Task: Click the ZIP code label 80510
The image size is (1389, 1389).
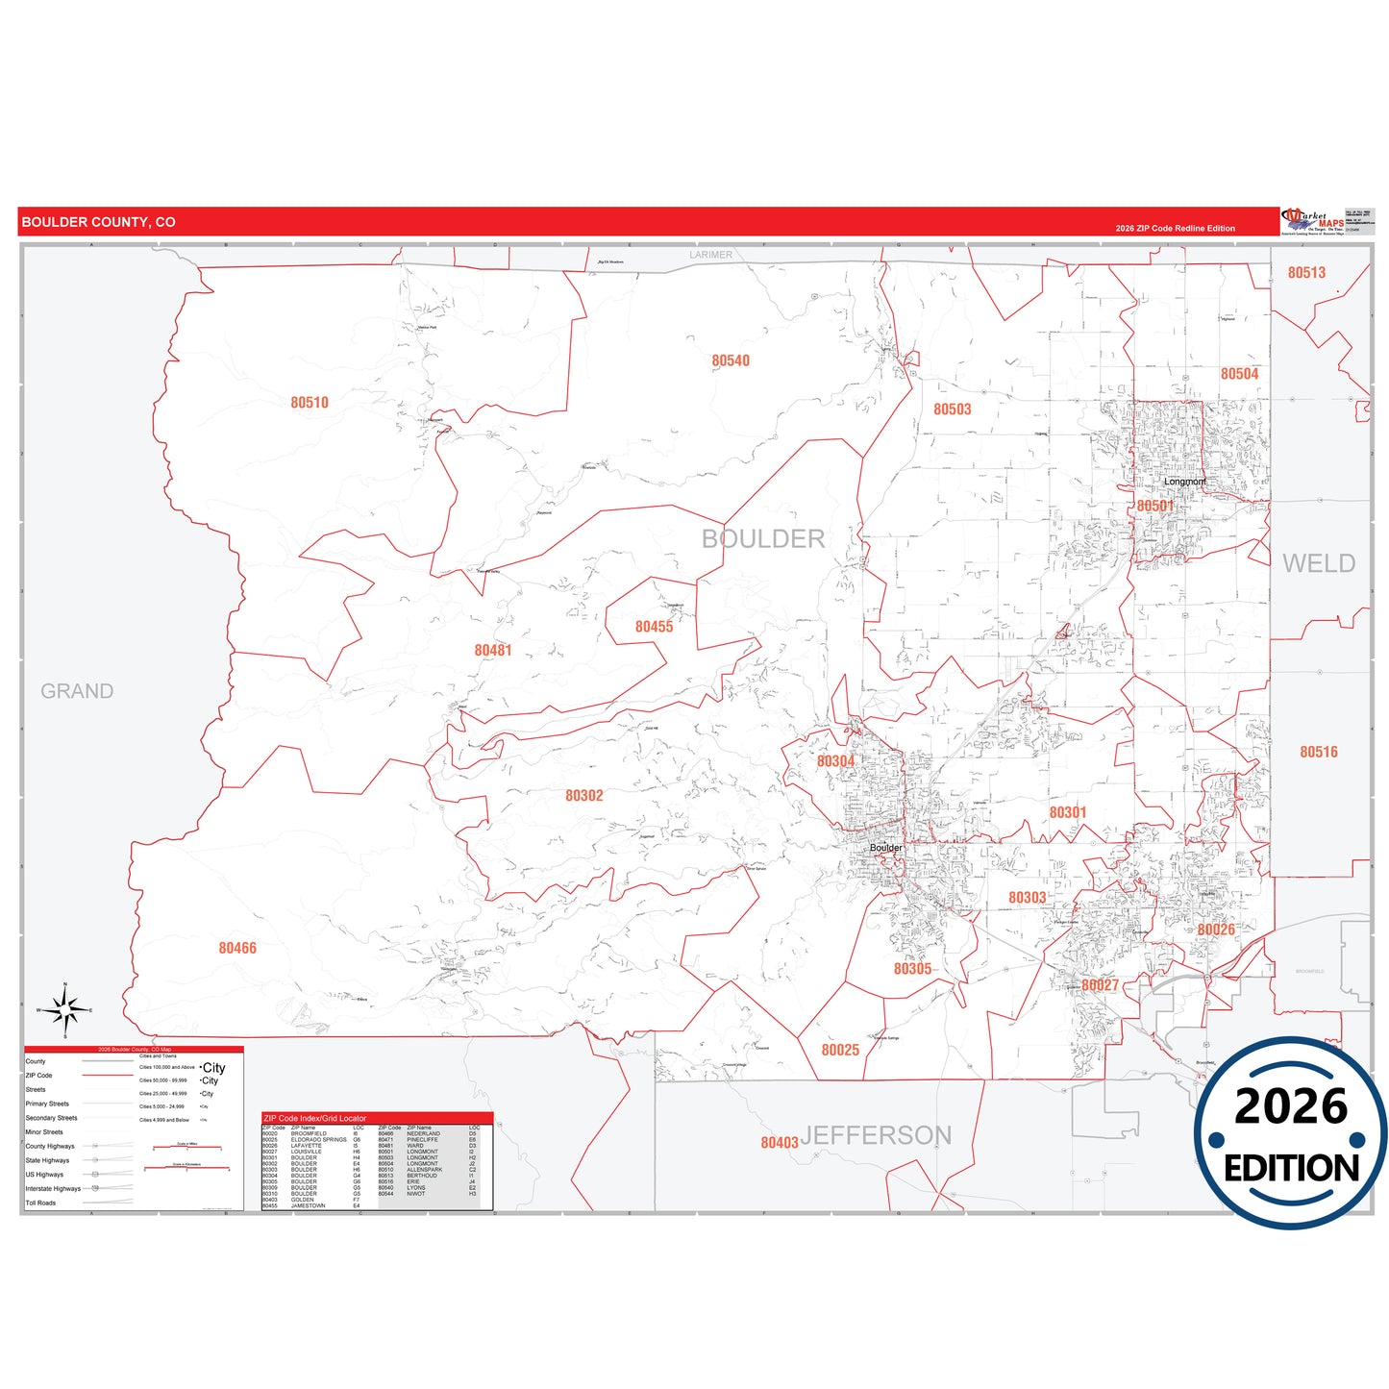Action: click(310, 403)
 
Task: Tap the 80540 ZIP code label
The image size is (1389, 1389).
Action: click(731, 361)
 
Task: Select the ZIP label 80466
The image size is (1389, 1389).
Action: click(237, 949)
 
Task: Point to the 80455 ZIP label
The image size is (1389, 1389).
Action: click(654, 627)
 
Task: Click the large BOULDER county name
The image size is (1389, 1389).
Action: click(763, 539)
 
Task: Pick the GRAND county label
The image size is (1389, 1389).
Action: click(77, 691)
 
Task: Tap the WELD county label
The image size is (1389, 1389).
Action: click(1319, 563)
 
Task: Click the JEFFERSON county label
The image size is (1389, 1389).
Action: click(876, 1136)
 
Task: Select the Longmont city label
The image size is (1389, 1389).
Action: click(1184, 482)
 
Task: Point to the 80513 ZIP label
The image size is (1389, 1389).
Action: click(1306, 273)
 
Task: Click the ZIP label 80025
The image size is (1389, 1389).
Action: click(840, 1051)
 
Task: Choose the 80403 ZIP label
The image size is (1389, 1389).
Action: click(780, 1143)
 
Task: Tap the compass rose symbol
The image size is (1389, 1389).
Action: click(64, 1010)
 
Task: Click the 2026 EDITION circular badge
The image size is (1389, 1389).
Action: click(1290, 1133)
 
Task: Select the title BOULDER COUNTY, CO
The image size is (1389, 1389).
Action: click(99, 222)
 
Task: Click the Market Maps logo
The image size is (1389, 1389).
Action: click(1313, 221)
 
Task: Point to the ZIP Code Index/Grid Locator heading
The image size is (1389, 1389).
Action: click(315, 1119)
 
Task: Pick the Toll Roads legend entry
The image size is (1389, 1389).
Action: click(40, 1203)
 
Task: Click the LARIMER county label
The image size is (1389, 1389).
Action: click(710, 255)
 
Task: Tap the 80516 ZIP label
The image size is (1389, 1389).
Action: click(1319, 753)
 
